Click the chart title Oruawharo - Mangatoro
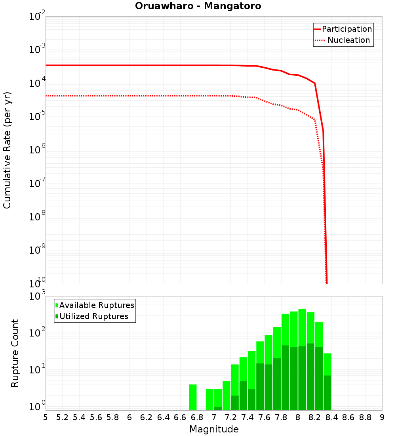(x=198, y=6)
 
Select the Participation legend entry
(x=346, y=29)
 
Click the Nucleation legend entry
(x=348, y=40)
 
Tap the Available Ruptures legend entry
(x=97, y=305)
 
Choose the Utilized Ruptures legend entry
(x=93, y=316)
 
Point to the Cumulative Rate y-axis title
(x=8, y=150)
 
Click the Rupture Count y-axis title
(x=15, y=353)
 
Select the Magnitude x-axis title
(x=214, y=429)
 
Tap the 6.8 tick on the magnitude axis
(x=197, y=417)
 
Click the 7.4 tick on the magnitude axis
(x=247, y=417)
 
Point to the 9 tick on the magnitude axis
(x=382, y=417)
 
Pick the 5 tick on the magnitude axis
(x=46, y=417)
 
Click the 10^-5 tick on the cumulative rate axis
(x=37, y=117)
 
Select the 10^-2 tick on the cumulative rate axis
(x=37, y=17)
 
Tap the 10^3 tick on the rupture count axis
(x=37, y=296)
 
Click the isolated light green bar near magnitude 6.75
(x=193, y=397)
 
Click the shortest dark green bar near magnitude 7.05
(x=218, y=408)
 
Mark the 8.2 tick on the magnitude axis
(x=315, y=417)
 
